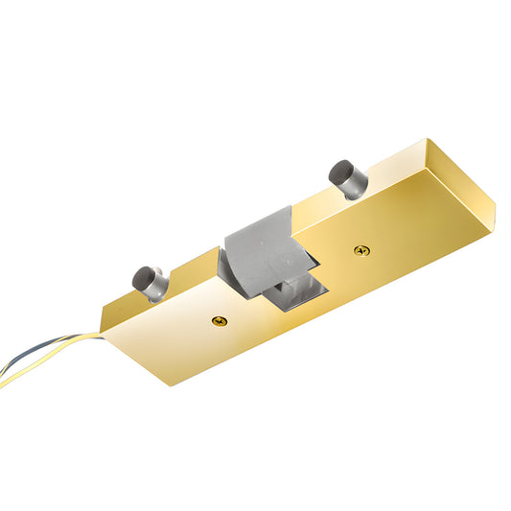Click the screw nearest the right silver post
[x=360, y=250]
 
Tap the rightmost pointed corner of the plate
[x=495, y=204]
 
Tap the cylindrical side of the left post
[x=158, y=286]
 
